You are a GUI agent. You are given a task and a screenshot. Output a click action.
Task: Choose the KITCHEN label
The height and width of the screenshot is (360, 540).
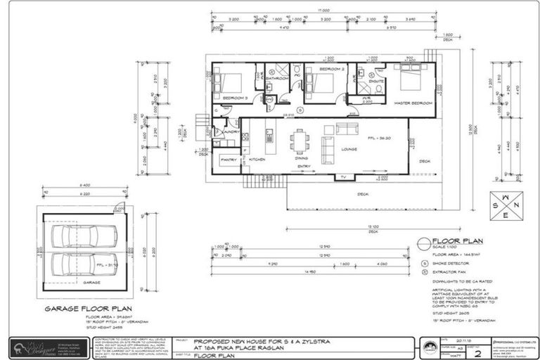click(x=257, y=160)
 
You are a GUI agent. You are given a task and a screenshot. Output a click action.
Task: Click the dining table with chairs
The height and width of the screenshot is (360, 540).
click(x=300, y=141)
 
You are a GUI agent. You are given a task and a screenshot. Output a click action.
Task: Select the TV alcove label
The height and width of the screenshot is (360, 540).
click(x=344, y=177)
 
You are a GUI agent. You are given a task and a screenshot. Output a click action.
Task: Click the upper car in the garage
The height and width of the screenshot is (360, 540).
click(x=84, y=236)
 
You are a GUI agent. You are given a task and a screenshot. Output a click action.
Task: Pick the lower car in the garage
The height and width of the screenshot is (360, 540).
click(x=84, y=265)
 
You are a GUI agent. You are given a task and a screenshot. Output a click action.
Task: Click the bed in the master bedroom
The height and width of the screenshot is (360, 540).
click(x=414, y=79)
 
